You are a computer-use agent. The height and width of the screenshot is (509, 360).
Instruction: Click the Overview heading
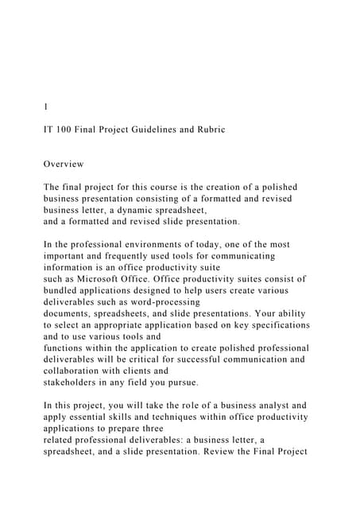[x=64, y=164]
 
